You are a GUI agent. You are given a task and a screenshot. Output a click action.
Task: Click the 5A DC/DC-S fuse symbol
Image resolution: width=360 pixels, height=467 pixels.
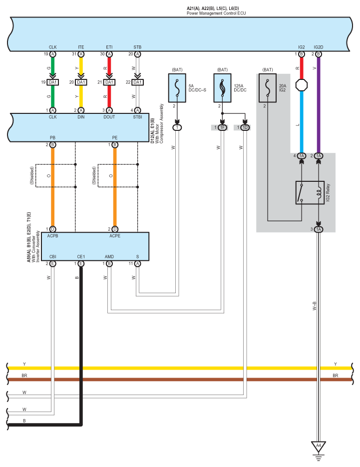[x=177, y=88]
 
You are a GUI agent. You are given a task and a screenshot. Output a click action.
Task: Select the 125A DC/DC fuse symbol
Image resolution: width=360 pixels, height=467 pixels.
[x=222, y=88]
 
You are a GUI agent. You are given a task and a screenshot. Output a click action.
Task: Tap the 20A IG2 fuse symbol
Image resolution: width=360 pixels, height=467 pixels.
[x=268, y=88]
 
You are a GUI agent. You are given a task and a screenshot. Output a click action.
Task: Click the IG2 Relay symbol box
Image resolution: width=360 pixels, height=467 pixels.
[x=310, y=192]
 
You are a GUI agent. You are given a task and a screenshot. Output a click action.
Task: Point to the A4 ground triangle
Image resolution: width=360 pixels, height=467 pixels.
[x=319, y=447]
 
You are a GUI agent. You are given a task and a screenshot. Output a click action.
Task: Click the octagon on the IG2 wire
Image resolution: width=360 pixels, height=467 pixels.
[x=302, y=85]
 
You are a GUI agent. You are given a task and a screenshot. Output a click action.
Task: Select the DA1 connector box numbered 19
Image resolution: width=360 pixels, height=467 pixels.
[x=53, y=82]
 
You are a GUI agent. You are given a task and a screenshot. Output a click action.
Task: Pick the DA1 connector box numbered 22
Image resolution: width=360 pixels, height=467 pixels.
[x=138, y=82]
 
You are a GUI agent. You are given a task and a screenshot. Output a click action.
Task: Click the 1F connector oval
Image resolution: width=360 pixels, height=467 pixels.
[x=222, y=127]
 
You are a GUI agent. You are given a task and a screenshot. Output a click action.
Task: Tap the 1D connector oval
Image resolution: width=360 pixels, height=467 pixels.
[x=245, y=127]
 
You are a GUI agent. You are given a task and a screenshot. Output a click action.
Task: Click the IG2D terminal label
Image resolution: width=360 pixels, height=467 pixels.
[x=319, y=47]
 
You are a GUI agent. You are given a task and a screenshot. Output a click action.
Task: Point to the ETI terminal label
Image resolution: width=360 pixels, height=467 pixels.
[x=109, y=47]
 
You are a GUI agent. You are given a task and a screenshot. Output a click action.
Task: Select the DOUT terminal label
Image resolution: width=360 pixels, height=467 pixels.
[x=109, y=117]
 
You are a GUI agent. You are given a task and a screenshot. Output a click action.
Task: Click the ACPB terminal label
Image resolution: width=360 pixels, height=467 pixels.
[x=53, y=236]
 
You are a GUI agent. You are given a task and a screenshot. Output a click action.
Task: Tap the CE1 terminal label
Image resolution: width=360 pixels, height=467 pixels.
[x=81, y=257]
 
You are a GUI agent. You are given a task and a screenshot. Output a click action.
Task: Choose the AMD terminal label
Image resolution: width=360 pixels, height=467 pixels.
[x=109, y=257]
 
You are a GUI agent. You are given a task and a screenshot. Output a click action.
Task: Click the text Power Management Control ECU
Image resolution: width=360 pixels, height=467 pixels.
[x=217, y=13]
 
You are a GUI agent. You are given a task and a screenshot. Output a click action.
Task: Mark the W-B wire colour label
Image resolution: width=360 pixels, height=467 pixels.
[x=315, y=306]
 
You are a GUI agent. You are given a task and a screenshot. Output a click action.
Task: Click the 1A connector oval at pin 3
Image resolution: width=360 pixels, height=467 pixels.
[x=319, y=229]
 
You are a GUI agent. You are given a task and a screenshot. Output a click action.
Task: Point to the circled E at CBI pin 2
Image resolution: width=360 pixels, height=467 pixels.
[x=53, y=264]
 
